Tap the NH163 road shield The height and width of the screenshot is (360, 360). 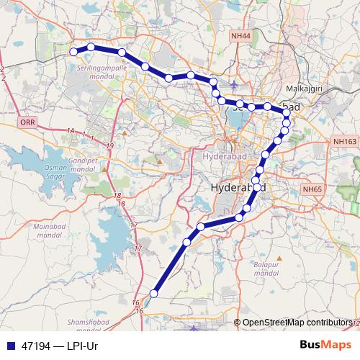point(345,143)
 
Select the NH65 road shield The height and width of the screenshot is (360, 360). point(311,189)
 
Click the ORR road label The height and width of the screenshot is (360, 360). point(27,123)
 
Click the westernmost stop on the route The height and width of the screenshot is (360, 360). point(73,52)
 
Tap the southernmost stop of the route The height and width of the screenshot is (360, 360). point(153,293)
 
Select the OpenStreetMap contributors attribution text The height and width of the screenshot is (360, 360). point(297,323)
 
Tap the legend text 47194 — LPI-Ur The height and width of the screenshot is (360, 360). point(59,346)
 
